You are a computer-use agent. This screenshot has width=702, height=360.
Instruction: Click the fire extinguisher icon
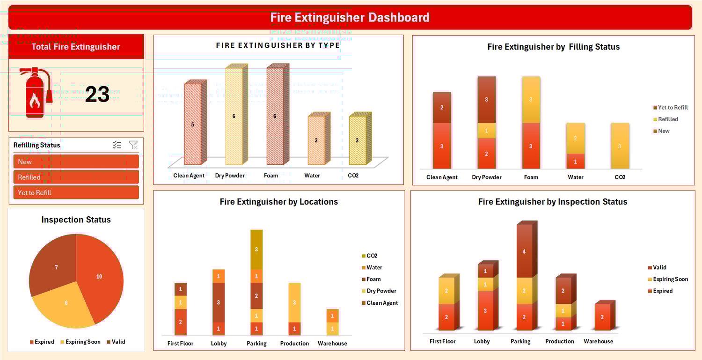[x=35, y=92]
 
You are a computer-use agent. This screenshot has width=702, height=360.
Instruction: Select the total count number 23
[x=97, y=95]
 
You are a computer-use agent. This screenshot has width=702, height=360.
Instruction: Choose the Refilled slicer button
[x=76, y=177]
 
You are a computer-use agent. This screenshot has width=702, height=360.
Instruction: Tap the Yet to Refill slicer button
[x=76, y=192]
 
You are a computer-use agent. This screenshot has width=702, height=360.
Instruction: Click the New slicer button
[x=76, y=162]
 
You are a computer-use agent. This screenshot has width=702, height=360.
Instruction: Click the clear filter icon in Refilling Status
[x=133, y=145]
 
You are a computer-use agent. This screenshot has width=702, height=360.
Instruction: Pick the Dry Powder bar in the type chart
[x=234, y=117]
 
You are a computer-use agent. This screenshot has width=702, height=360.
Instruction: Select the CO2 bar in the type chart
[x=358, y=140]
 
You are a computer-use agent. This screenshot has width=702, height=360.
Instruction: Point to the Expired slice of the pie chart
[x=101, y=276]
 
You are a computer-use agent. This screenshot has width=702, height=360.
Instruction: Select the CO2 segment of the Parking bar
[x=256, y=250]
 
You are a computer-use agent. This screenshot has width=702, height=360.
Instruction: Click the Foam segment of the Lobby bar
[x=219, y=302]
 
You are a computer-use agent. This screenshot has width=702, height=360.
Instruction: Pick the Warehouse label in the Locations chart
[x=332, y=343]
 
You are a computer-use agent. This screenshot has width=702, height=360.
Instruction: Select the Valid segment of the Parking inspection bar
[x=524, y=251]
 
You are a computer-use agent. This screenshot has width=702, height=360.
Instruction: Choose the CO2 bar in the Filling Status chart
[x=620, y=146]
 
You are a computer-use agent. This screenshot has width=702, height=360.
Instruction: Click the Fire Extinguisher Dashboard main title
[x=350, y=18]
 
